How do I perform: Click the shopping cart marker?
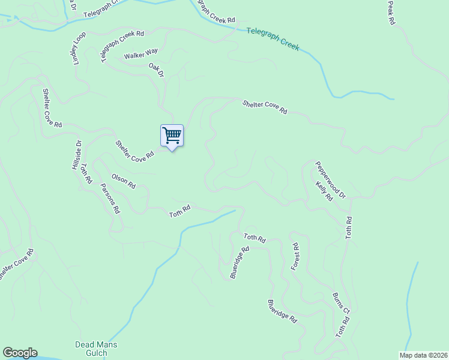[172, 136]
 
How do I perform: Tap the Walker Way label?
[140, 56]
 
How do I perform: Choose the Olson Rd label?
[123, 181]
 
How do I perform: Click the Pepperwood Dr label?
[331, 179]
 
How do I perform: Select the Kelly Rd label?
[324, 192]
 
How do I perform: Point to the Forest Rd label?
[295, 257]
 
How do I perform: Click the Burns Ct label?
[340, 304]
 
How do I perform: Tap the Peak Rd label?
[391, 12]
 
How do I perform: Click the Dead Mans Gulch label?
[96, 349]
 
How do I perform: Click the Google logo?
[20, 353]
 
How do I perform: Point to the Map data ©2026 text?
[423, 355]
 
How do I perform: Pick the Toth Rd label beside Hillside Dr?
[86, 173]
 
